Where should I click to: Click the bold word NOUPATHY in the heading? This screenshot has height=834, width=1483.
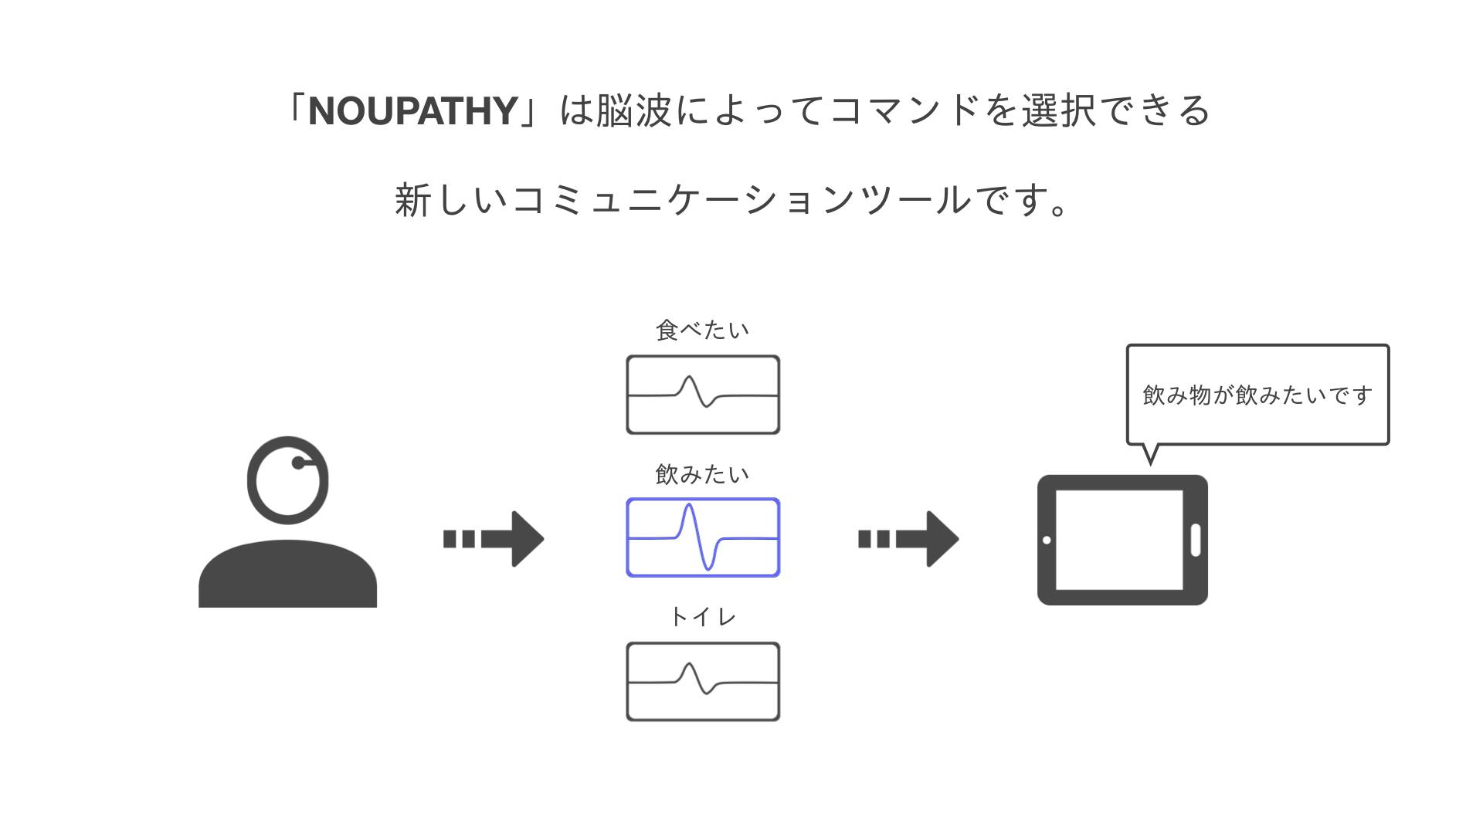tap(412, 111)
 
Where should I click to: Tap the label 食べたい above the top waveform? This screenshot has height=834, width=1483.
tap(702, 331)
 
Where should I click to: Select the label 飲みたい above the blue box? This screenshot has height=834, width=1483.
tap(702, 474)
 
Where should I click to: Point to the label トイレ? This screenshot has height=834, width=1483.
tap(702, 617)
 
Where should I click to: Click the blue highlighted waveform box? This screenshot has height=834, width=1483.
tap(703, 537)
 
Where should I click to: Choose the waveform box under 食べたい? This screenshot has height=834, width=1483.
tap(703, 395)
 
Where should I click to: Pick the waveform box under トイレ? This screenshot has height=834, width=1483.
tap(703, 682)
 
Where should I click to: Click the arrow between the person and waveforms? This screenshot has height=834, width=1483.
tap(494, 539)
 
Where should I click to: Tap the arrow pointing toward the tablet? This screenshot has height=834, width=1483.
tap(909, 539)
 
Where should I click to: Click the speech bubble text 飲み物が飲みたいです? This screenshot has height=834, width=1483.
tap(1257, 395)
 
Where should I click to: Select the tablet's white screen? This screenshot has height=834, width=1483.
tap(1119, 540)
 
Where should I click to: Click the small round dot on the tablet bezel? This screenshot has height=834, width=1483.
tap(1047, 540)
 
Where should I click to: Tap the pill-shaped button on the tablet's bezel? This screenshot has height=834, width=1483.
tap(1196, 540)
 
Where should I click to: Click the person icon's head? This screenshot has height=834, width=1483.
tap(287, 480)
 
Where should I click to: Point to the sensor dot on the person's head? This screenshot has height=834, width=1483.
tap(298, 463)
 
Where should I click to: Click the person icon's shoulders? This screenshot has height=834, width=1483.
tap(287, 575)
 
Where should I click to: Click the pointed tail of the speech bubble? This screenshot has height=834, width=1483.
tap(1150, 456)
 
